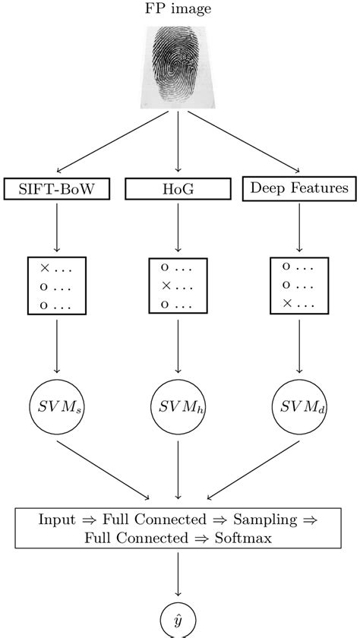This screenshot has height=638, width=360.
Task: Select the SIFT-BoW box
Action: pos(57,188)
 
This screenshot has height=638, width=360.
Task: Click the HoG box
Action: pos(178,188)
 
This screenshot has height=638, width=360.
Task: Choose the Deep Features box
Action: pos(298,188)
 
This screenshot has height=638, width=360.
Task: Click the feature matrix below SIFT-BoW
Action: pos(57,285)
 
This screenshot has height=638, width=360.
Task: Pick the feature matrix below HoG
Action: pos(178,285)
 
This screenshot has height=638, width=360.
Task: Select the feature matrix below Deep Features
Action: pos(298,285)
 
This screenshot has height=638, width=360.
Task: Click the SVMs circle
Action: pos(57,404)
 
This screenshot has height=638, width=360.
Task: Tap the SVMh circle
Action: pos(178,404)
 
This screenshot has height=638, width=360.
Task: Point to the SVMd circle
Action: pos(298,404)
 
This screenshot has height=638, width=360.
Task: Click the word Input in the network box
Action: pos(57,520)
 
